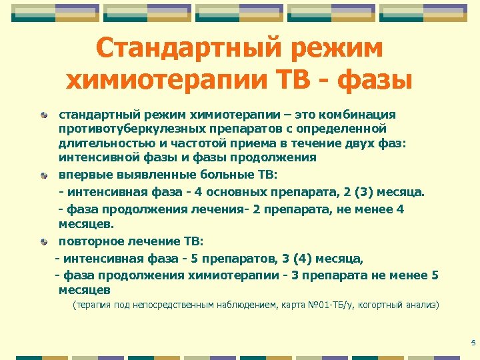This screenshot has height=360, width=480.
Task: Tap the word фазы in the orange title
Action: (375, 81)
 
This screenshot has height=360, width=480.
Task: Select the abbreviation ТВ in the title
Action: (295, 81)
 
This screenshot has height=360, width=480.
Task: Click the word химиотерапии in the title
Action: (167, 81)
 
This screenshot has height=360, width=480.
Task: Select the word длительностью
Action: (101, 143)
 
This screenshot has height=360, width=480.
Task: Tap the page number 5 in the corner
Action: (472, 343)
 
